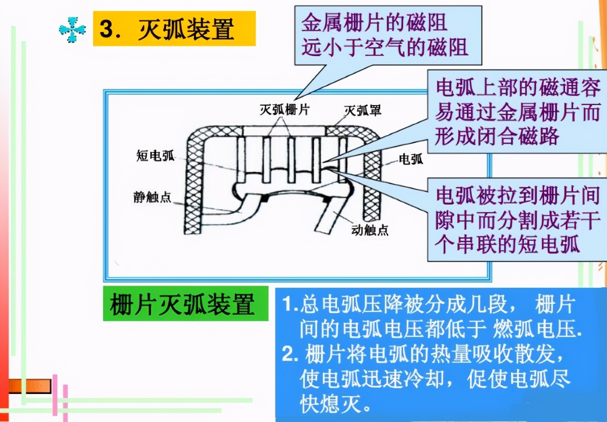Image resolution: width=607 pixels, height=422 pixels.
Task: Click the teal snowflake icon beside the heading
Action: point(72,29)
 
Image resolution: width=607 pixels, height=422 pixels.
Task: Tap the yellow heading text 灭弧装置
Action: point(186,29)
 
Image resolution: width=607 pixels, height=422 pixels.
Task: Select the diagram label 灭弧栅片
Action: point(284,109)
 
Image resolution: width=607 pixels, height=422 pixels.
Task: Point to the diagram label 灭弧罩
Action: point(362,110)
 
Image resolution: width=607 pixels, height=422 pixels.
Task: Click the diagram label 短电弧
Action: point(155,155)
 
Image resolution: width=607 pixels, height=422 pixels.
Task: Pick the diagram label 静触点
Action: point(152,197)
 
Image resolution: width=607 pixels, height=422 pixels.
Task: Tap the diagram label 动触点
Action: point(370,230)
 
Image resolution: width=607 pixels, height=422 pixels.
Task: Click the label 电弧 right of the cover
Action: point(410,159)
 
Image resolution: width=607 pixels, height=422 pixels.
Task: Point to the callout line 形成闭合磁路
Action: point(497,137)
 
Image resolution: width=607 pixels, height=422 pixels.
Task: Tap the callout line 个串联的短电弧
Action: point(507,244)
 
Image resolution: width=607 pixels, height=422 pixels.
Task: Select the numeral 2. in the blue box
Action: point(289,354)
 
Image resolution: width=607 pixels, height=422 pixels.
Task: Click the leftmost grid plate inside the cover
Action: point(241,160)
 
